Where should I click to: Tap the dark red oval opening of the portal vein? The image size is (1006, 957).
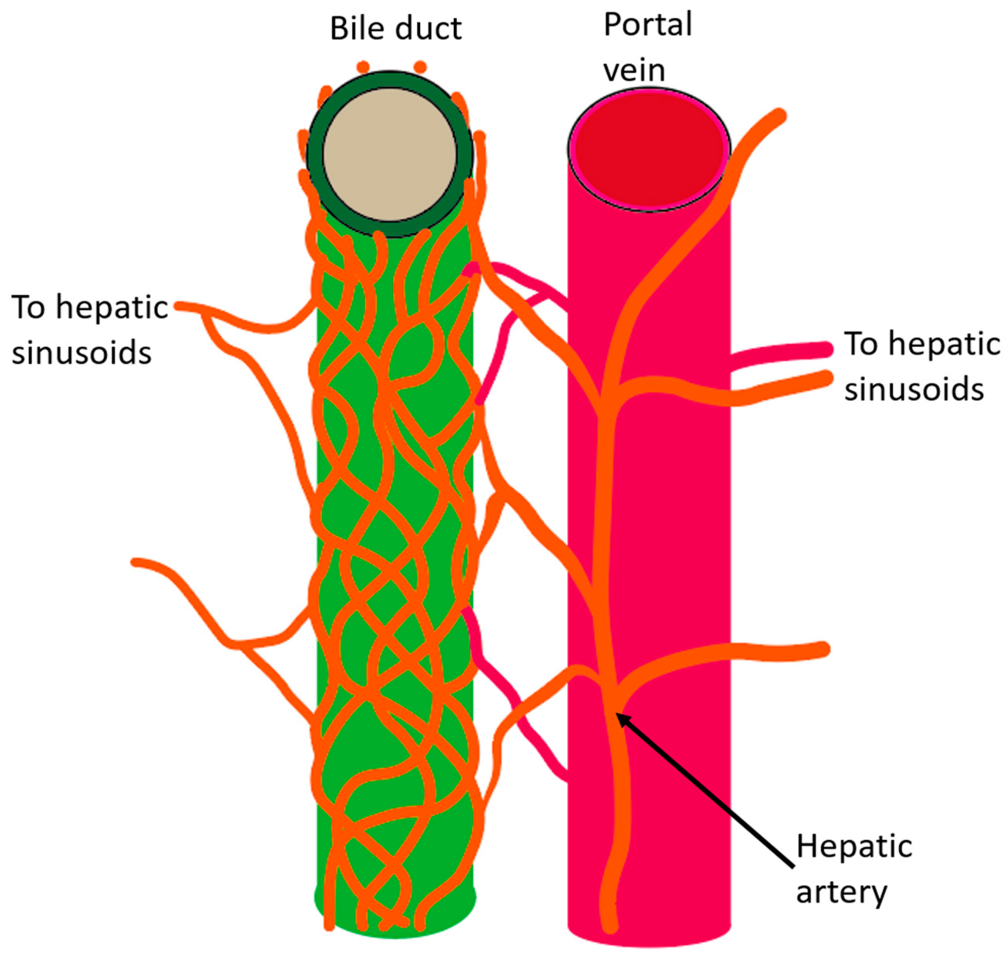click(649, 148)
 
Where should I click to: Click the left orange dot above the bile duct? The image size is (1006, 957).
click(363, 66)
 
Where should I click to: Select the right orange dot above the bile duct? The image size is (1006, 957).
click(420, 66)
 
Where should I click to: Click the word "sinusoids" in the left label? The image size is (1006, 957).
click(82, 353)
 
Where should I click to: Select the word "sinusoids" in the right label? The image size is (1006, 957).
click(914, 390)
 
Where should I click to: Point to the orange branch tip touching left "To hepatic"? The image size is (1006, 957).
click(180, 306)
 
